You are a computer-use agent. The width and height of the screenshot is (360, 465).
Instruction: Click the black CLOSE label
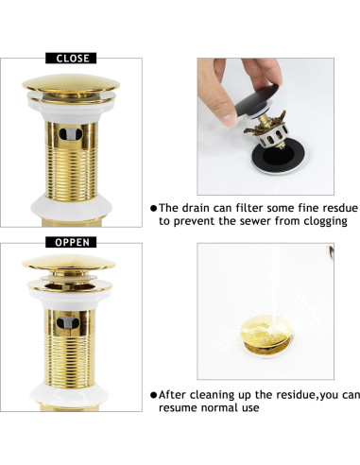point(71,59)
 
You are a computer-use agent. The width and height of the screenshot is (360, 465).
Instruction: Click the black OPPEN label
point(71,242)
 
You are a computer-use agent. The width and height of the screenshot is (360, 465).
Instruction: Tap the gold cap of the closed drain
point(71,83)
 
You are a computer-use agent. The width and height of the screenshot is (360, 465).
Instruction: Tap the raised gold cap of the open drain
point(69,263)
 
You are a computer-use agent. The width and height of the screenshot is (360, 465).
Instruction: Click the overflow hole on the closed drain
point(71,134)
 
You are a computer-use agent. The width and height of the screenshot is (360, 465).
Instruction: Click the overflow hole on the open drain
point(68,322)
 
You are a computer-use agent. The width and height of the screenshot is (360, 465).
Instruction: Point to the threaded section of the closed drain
point(71,174)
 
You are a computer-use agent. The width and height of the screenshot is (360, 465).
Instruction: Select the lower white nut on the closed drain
point(71,208)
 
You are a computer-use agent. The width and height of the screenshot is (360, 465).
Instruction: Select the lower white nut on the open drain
point(69,394)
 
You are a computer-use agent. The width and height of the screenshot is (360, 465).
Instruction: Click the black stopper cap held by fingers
point(257,100)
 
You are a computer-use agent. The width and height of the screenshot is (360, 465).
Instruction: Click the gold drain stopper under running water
point(266,336)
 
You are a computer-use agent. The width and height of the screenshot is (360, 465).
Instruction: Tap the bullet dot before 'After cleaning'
point(153,395)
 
